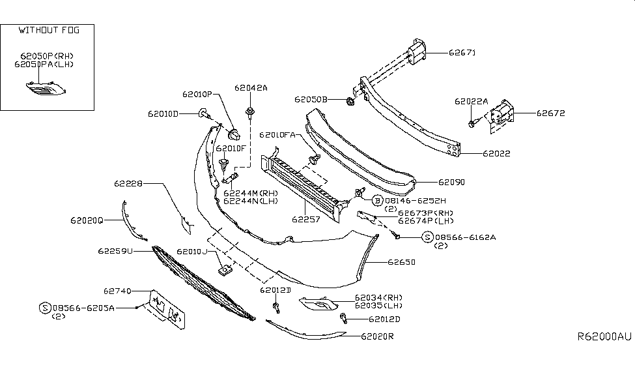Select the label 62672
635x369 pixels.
coord(551,113)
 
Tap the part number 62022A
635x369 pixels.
coord(472,101)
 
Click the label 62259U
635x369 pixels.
coord(115,250)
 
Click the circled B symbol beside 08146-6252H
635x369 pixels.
coord(377,201)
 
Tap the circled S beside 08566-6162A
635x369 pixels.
coord(427,237)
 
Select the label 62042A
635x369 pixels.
coord(251,87)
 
